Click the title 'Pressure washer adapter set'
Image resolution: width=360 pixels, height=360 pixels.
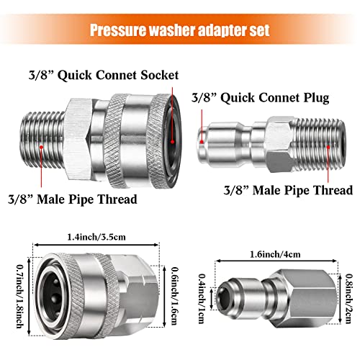click(180, 31)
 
